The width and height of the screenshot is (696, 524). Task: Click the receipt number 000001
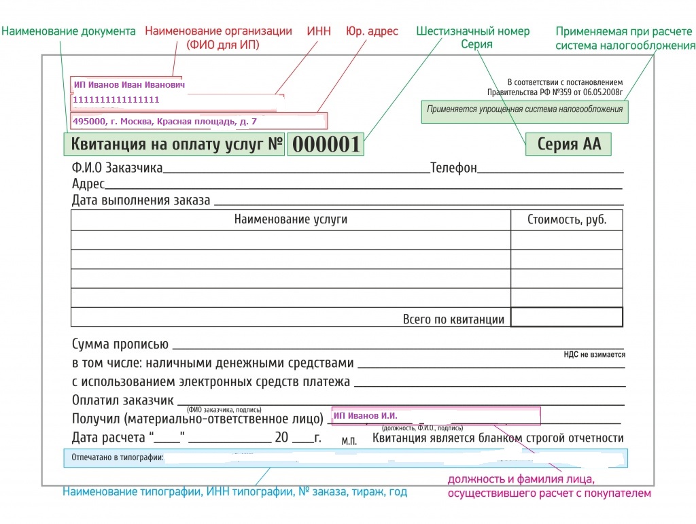coord(325,145)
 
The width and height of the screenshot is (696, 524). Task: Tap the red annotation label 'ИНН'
coord(319,31)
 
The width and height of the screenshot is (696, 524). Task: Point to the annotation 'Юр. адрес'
coord(372,31)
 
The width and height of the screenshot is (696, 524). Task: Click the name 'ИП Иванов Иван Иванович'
coord(129,85)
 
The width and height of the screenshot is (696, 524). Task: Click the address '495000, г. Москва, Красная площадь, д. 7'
coord(164,122)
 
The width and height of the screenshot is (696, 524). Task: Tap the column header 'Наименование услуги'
coord(290,220)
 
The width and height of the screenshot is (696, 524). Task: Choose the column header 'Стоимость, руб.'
coord(566,220)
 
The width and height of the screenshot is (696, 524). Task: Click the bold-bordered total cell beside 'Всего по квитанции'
coord(566,317)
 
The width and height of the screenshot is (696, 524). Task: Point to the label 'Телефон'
coord(453,168)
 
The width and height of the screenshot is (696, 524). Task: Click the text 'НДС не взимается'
coord(594,354)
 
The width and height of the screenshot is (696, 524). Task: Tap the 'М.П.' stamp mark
coord(349,441)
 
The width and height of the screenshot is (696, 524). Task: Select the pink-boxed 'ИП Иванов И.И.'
coord(365,415)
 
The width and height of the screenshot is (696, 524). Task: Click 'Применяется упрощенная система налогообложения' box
coord(524,109)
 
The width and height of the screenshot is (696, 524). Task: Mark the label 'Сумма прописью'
coord(120,345)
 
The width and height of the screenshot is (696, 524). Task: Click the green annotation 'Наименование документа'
coord(69,31)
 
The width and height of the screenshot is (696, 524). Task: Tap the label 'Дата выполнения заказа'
coord(141,200)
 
